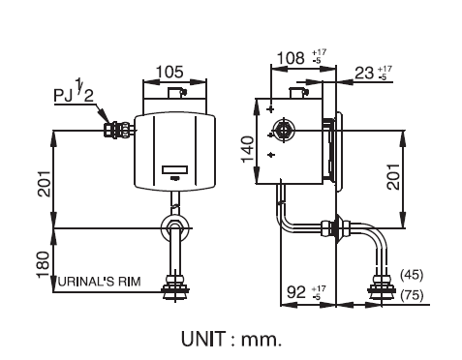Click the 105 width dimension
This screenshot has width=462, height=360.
coord(169,72)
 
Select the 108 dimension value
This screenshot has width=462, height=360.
coord(291,58)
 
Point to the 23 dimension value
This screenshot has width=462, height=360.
coord(364,74)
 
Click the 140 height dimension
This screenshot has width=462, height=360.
coord(248,149)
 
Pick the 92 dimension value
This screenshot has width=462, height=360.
coord(296,292)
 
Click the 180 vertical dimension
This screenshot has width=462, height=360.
coord(43,265)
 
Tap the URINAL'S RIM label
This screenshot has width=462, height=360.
coord(100,282)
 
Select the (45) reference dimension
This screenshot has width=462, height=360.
coord(412,275)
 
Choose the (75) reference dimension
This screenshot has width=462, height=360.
coord(412,295)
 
